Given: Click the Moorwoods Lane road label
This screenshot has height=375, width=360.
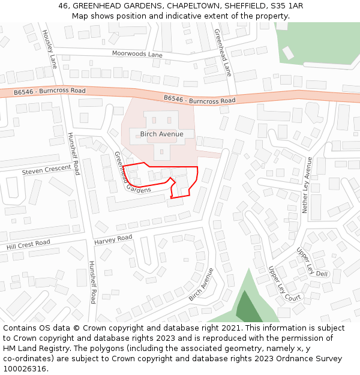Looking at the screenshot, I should pyautogui.click(x=137, y=54).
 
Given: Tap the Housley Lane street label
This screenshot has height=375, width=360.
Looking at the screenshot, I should pyautogui.click(x=49, y=49).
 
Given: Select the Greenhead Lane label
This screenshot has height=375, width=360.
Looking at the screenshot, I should pyautogui.click(x=223, y=52).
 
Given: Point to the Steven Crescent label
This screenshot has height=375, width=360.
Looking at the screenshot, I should pyautogui.click(x=47, y=170).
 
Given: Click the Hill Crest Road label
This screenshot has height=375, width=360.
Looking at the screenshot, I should pyautogui.click(x=29, y=245).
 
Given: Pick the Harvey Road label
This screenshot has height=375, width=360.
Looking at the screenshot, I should pyautogui.click(x=113, y=239).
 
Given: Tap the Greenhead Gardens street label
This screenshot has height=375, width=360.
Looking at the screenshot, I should pyautogui.click(x=131, y=173).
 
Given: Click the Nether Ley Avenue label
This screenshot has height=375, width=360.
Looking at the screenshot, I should pyautogui.click(x=307, y=185).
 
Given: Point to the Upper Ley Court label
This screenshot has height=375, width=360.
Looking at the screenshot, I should pyautogui.click(x=284, y=283).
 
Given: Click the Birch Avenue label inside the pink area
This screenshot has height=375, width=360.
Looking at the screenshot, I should pyautogui.click(x=161, y=134).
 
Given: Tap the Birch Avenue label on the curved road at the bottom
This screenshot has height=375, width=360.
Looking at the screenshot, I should pyautogui.click(x=201, y=284).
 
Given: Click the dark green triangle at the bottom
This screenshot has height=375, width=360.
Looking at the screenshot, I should pyautogui.click(x=247, y=308).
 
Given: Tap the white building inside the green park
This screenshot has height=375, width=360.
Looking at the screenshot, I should pyautogui.click(x=288, y=53).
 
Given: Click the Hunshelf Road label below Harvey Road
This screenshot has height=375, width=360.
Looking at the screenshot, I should pyautogui.click(x=92, y=282).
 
